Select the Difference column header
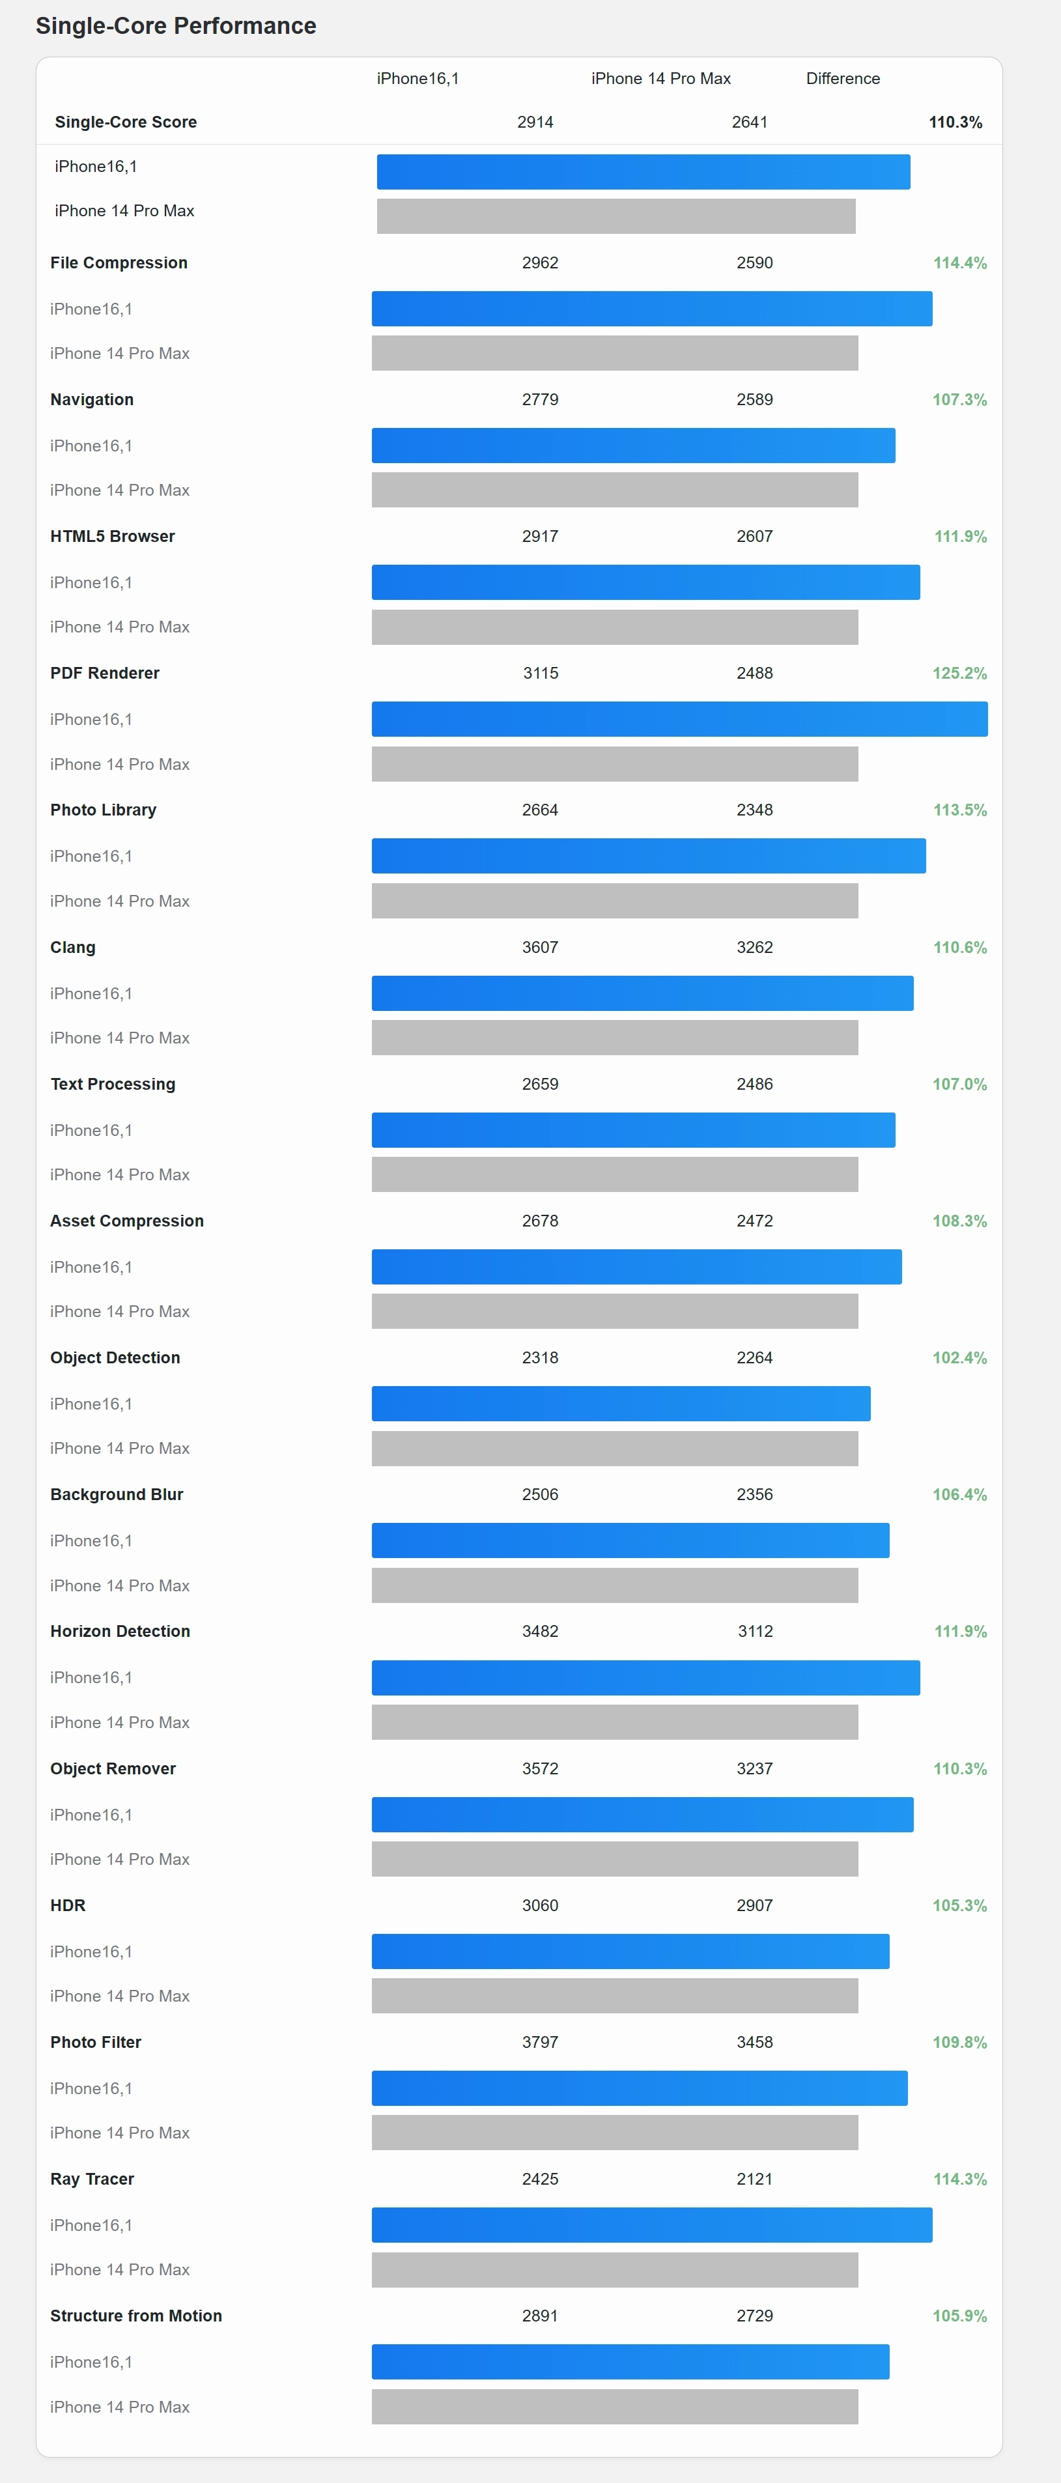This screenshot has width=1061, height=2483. coord(842,79)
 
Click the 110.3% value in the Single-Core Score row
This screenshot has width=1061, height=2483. coord(955,122)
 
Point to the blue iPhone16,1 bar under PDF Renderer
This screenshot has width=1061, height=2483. coord(679,719)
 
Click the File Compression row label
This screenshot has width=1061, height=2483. coord(119,262)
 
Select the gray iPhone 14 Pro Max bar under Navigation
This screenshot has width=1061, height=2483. coord(615,490)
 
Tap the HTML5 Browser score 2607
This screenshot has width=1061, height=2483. coord(754,536)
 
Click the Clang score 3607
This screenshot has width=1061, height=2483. coord(540,948)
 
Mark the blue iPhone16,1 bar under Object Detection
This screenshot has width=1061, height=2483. coord(621,1404)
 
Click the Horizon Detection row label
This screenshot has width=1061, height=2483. coord(119,1631)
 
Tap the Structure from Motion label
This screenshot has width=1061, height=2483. coord(136,2316)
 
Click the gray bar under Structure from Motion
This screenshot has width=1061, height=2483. coord(615,2406)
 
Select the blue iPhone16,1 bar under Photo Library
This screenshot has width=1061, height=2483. coord(649,856)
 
